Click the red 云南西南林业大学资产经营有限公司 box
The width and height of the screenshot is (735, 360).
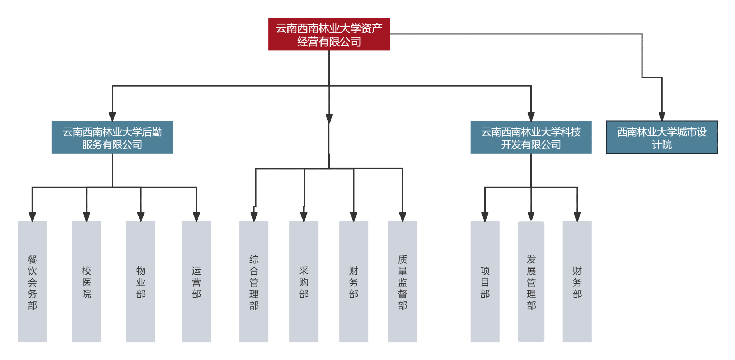[x=329, y=34]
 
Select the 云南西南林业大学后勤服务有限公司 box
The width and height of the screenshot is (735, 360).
[x=112, y=137]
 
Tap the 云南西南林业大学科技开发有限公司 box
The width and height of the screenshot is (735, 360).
[x=531, y=137]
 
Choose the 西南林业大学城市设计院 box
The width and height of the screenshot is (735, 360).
[x=662, y=137]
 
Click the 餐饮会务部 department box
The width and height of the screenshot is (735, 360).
[x=32, y=282]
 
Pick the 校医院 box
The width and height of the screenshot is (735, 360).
[x=86, y=282]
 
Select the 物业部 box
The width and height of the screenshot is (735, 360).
[x=141, y=282]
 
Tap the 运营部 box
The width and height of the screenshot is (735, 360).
[x=196, y=282]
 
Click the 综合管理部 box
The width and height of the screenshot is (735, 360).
[x=254, y=282]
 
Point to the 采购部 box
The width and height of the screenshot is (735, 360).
[x=304, y=282]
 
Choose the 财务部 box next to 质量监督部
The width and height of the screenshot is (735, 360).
[x=354, y=282]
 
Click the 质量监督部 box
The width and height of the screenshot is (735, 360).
[x=403, y=282]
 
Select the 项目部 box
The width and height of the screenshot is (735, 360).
[x=485, y=282]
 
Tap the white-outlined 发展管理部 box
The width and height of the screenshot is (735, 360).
[x=531, y=282]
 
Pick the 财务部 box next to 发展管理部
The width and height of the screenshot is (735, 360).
[x=577, y=282]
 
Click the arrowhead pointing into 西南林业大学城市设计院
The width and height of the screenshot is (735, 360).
[x=662, y=116]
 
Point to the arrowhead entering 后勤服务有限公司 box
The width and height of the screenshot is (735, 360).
[x=112, y=116]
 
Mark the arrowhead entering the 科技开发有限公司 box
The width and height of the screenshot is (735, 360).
[x=531, y=116]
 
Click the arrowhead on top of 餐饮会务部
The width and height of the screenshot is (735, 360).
[x=32, y=216]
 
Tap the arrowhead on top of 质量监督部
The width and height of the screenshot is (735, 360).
[x=403, y=216]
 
